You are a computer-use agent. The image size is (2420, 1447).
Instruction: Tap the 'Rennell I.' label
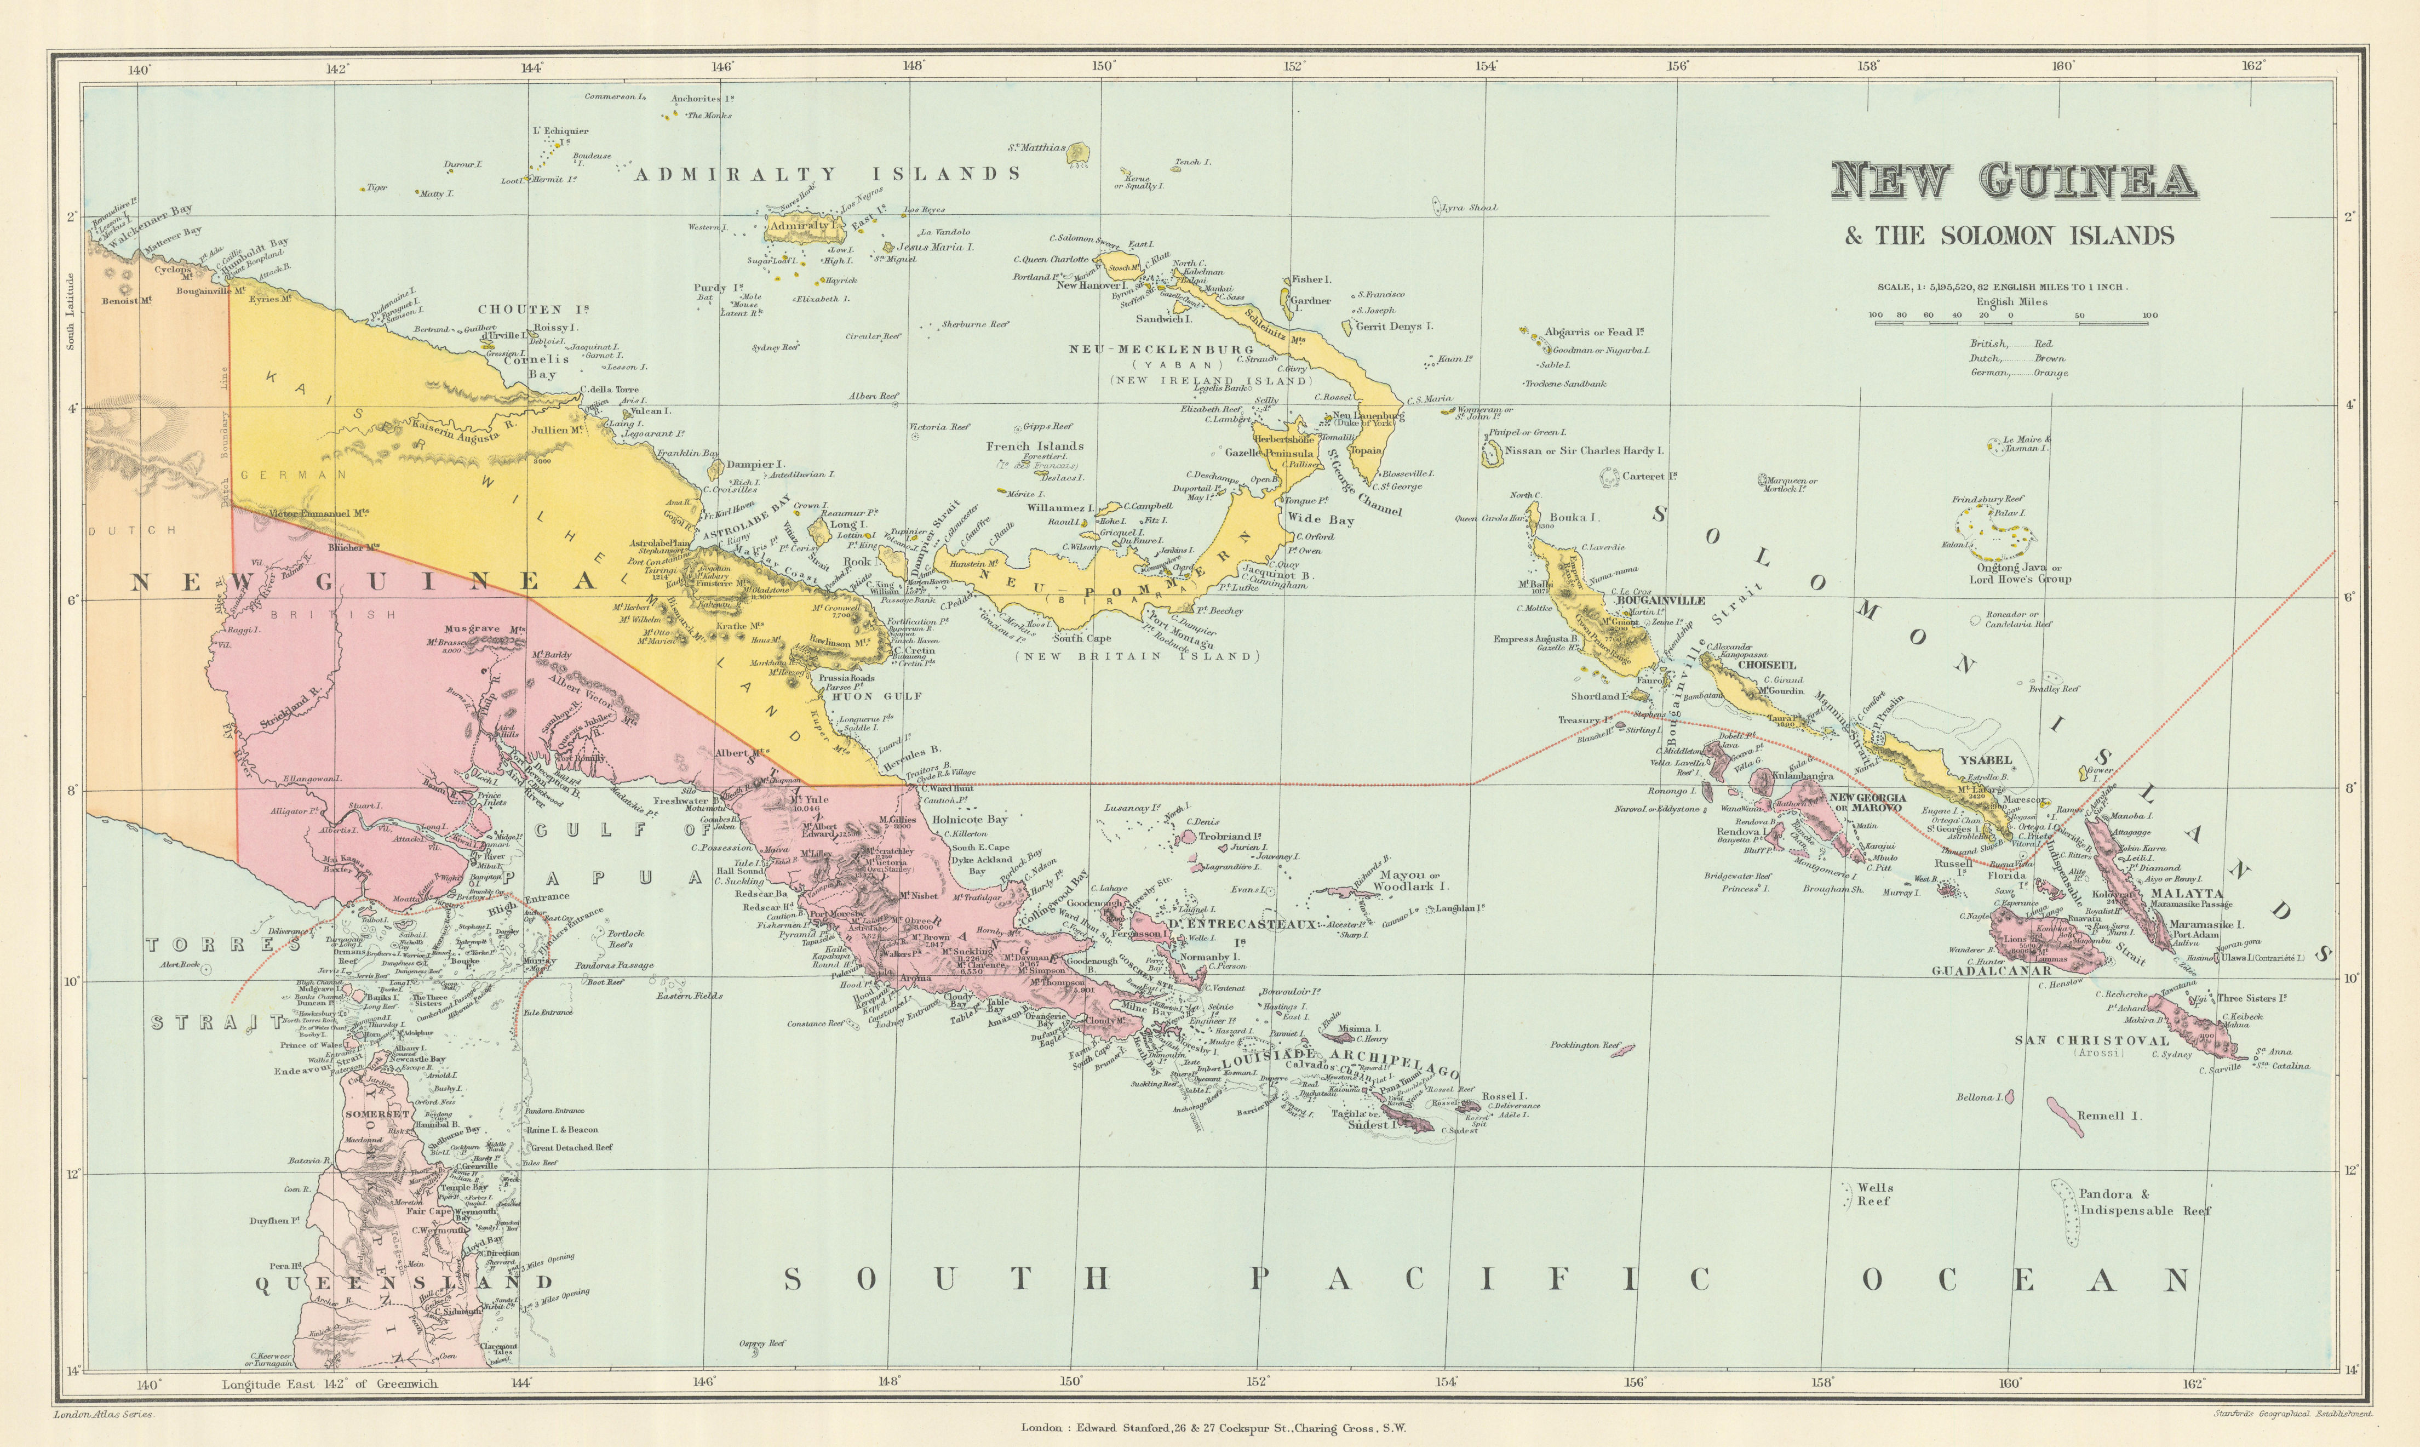coord(2109,1116)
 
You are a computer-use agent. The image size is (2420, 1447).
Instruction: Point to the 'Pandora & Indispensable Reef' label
coord(2144,1202)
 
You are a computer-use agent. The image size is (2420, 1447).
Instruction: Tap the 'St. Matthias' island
coord(1077,152)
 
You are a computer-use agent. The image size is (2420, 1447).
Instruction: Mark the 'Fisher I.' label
coord(1311,280)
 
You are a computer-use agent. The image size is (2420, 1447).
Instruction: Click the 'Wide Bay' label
coord(1321,520)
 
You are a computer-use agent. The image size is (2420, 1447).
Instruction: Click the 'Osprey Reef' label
coord(763,1343)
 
